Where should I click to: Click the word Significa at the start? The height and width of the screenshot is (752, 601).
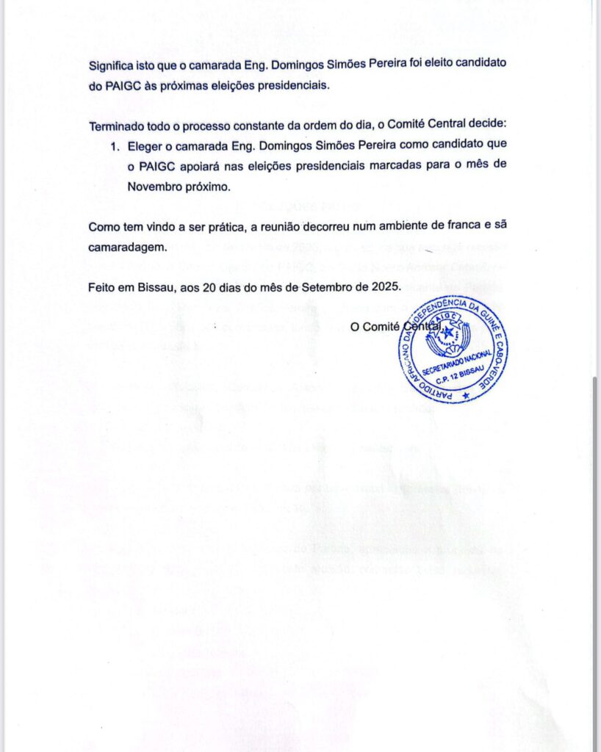pos(112,64)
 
